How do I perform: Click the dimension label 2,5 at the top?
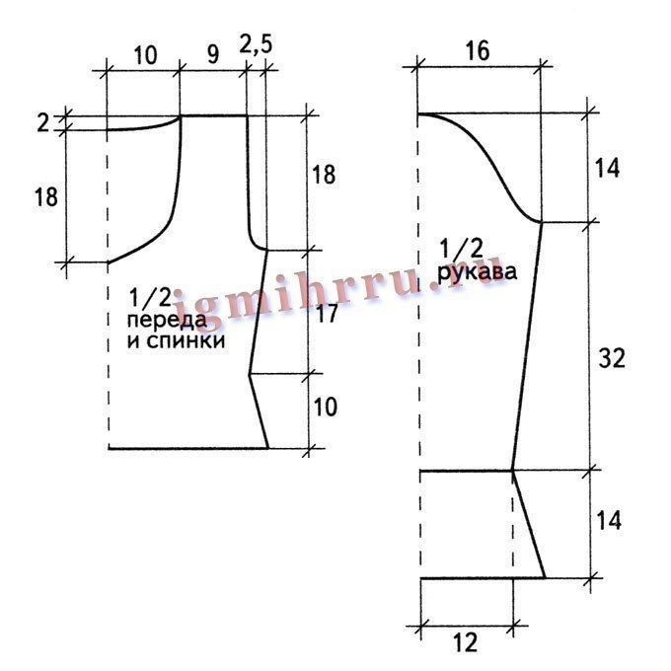click(256, 44)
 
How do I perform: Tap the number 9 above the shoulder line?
click(213, 55)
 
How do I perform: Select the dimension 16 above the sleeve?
click(478, 51)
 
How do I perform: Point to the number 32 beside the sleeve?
click(612, 358)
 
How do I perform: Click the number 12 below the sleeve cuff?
click(465, 642)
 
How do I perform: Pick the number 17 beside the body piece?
click(327, 314)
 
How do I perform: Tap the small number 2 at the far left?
click(43, 123)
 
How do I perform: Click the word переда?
click(167, 320)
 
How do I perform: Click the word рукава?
click(478, 272)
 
